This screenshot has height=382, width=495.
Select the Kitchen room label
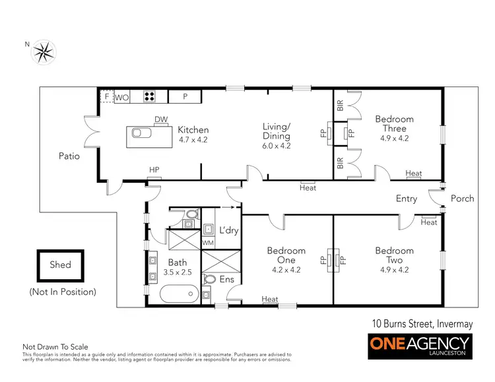[193, 130]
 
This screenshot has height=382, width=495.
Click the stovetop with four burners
[150, 97]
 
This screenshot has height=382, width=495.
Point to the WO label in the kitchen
[122, 98]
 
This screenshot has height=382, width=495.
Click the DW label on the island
[160, 119]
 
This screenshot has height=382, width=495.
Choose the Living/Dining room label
[276, 131]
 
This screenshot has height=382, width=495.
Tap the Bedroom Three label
[395, 124]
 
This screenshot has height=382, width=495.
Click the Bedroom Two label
[395, 255]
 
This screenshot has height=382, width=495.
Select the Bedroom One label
[286, 255]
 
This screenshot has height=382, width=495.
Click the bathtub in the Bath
[179, 292]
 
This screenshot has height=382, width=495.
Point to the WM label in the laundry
[208, 243]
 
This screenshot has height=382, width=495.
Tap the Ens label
[226, 279]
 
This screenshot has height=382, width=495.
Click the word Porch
[462, 199]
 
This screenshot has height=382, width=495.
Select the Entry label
[407, 199]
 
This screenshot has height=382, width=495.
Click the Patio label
[69, 156]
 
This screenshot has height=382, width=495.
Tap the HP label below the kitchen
[154, 170]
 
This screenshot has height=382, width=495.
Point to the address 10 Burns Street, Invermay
[420, 323]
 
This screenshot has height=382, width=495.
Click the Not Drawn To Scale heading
[55, 346]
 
